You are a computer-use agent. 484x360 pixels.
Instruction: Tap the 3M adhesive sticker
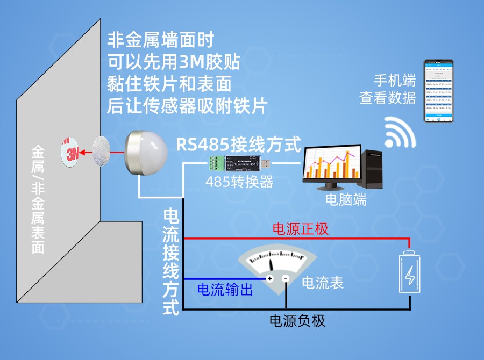click(x=72, y=152)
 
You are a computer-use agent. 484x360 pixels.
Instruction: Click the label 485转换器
click(x=239, y=182)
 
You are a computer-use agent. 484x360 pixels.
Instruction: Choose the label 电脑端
click(x=346, y=200)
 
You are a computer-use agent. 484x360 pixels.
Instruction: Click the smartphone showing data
click(x=439, y=90)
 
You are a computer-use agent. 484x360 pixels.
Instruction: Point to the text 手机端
click(x=395, y=81)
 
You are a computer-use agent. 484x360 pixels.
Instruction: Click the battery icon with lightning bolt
click(x=410, y=273)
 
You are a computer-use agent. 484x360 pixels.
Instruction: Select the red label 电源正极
click(x=301, y=229)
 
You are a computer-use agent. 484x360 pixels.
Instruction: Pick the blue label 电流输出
click(x=225, y=290)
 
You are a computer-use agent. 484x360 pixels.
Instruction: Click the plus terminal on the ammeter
click(x=270, y=278)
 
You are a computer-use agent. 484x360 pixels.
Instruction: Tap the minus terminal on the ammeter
click(x=286, y=278)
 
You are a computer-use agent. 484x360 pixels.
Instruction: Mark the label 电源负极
click(x=297, y=321)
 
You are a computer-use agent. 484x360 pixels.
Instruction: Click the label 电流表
click(x=323, y=283)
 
